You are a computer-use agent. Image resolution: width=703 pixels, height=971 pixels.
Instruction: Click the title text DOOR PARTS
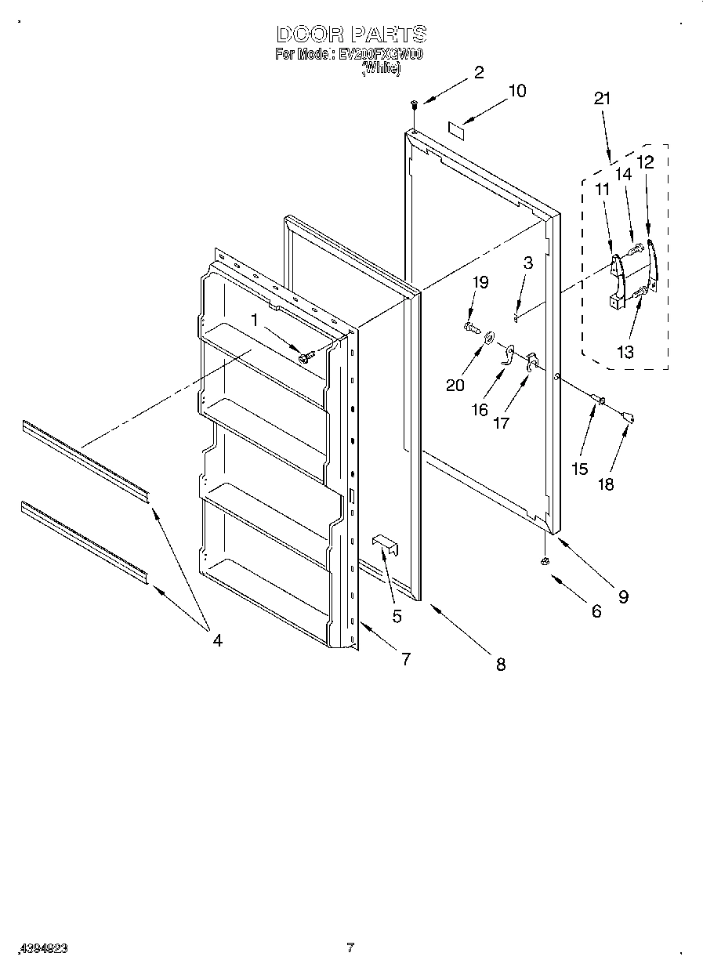click(351, 34)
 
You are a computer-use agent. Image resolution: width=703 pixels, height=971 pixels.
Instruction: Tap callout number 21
click(602, 99)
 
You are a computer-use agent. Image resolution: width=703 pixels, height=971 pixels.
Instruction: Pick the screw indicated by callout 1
click(306, 357)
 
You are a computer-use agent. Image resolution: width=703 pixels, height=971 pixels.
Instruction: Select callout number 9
click(623, 597)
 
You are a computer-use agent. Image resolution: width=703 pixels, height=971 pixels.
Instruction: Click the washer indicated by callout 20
click(490, 338)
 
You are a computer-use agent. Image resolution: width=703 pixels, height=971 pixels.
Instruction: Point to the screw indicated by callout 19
click(469, 326)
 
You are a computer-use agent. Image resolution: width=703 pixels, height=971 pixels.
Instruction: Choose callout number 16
click(479, 409)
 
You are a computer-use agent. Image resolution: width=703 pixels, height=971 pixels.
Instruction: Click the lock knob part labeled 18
click(628, 415)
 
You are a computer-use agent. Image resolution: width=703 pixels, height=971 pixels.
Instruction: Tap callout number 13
click(625, 352)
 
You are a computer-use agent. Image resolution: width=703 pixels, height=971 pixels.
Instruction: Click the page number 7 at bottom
click(350, 947)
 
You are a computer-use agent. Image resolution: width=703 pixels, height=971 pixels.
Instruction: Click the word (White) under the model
click(381, 70)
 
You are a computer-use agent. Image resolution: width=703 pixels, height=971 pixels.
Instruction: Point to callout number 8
click(500, 665)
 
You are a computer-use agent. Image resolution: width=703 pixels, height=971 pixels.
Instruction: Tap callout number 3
click(527, 263)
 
